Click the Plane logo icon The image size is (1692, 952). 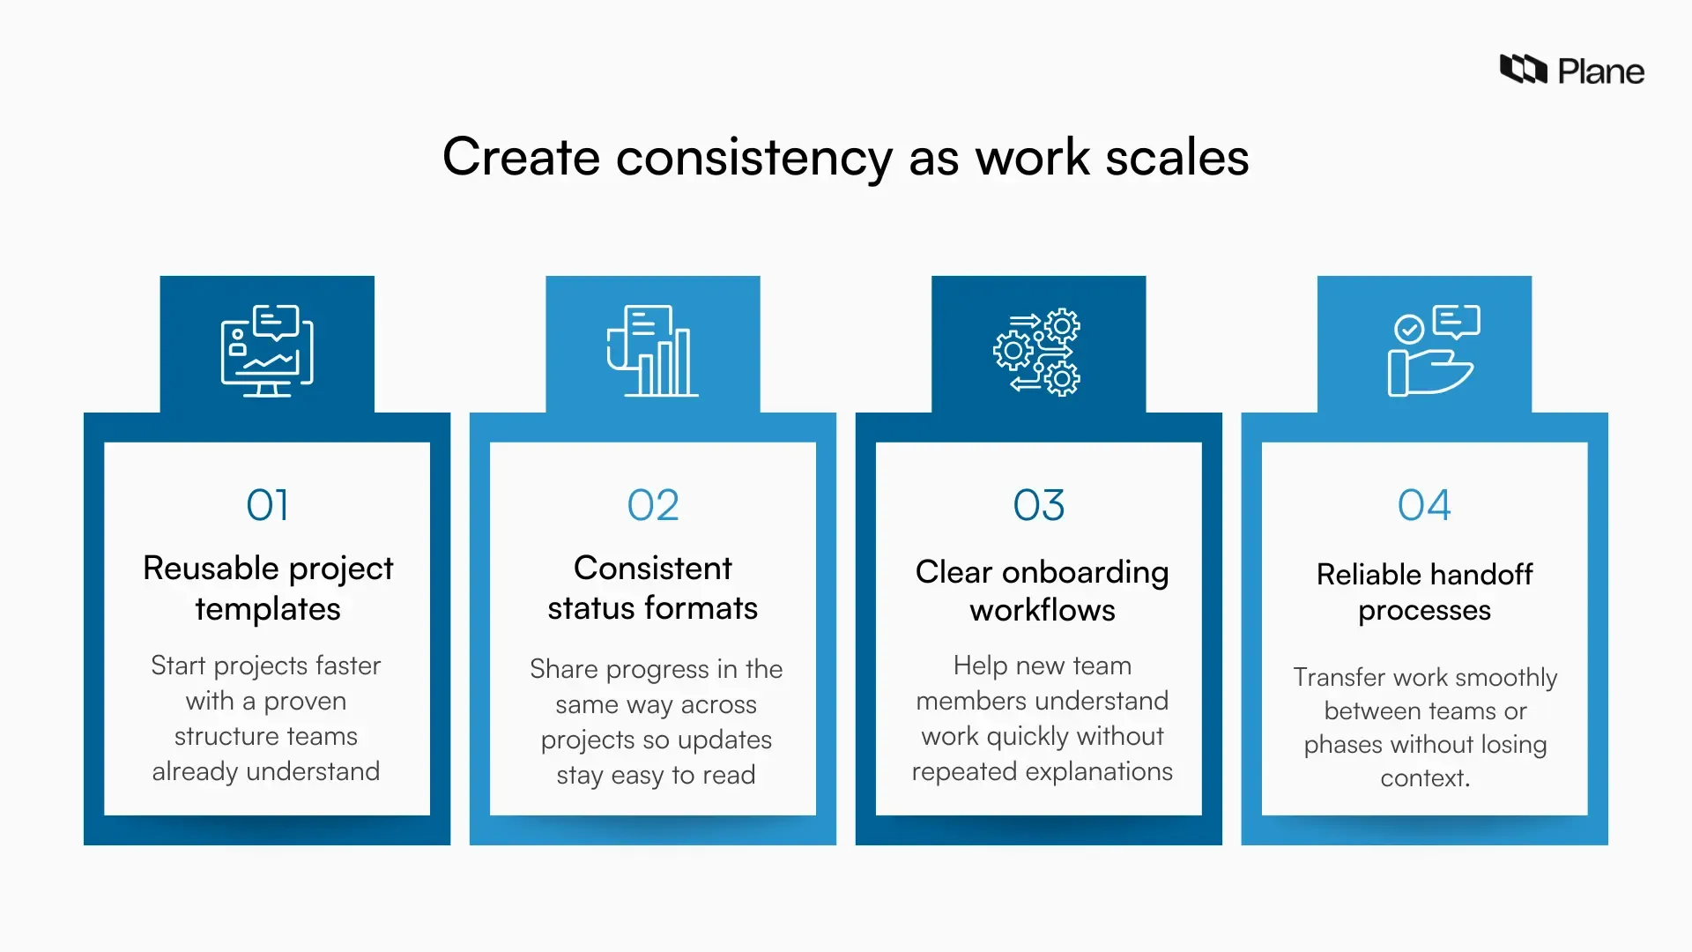tap(1523, 69)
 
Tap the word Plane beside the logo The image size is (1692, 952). tap(1600, 71)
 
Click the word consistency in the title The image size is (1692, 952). tap(753, 158)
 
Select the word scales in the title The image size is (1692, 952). tap(1176, 158)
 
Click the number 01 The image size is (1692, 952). tap(267, 505)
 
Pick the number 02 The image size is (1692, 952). tap(653, 505)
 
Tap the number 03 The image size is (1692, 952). tap(1039, 505)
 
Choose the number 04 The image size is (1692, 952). tap(1424, 505)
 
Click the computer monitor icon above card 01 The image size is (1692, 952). tap(267, 351)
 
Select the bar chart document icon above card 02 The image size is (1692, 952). tap(653, 351)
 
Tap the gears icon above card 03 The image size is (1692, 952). tap(1037, 352)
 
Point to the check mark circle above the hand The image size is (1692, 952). tap(1408, 329)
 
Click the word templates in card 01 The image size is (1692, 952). tap(268, 609)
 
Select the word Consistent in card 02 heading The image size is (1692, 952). tap(653, 569)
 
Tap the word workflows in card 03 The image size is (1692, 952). tap(1043, 610)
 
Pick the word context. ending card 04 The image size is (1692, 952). tap(1424, 778)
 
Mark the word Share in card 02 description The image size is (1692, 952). tap(564, 669)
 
